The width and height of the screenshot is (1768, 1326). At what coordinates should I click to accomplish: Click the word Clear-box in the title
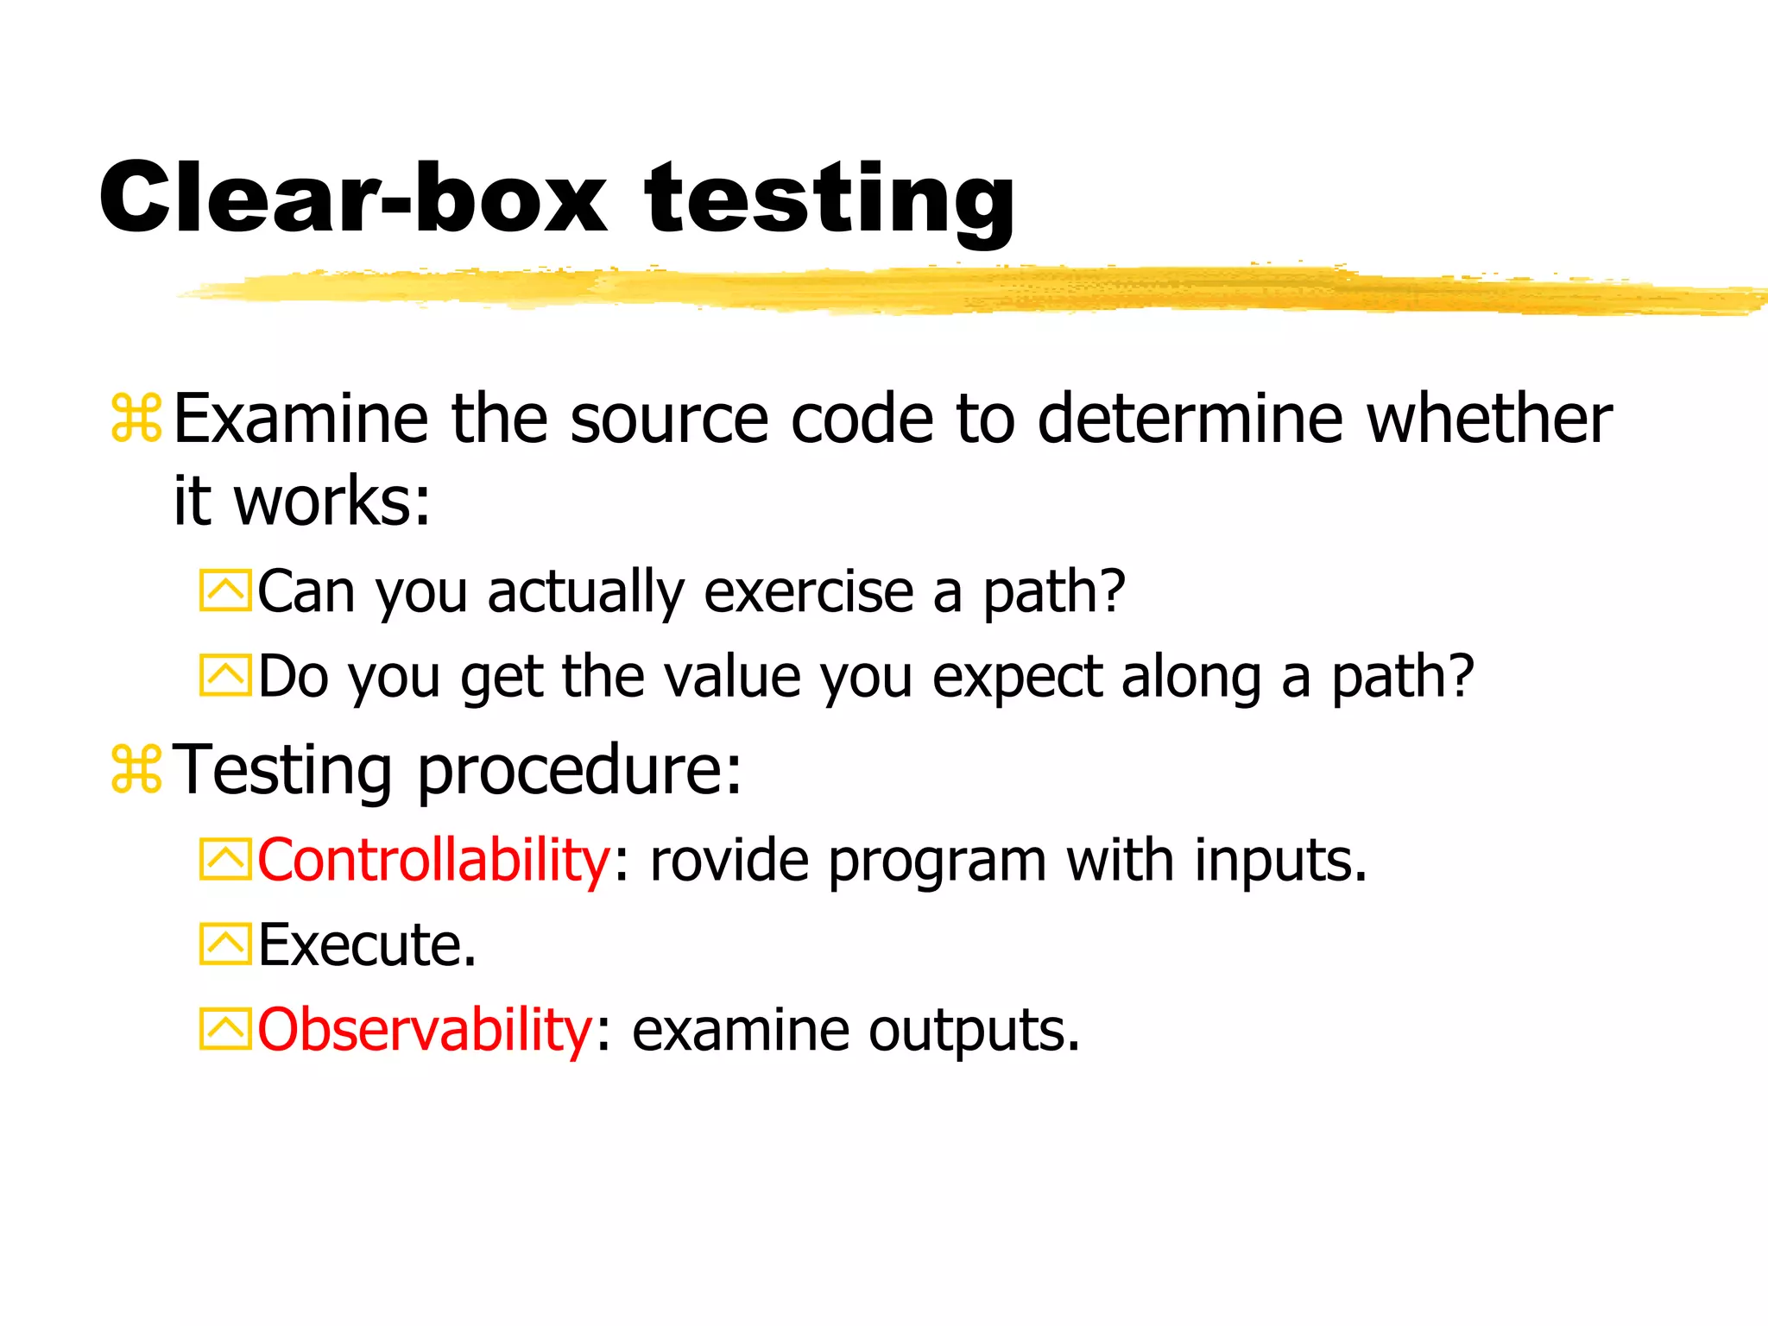(352, 199)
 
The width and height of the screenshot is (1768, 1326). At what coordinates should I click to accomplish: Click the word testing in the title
(830, 200)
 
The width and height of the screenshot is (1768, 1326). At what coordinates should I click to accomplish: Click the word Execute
(367, 944)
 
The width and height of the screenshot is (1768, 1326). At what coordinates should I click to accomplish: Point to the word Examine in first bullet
(301, 419)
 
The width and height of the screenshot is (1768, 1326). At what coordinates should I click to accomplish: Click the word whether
(1489, 419)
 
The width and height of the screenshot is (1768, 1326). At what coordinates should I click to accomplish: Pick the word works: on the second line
(332, 502)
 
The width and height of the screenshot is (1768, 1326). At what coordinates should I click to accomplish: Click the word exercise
(809, 592)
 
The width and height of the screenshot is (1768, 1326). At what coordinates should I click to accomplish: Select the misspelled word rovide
(729, 861)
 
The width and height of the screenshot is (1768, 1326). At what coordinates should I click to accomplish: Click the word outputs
(974, 1031)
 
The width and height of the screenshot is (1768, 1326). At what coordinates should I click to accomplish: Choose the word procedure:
(579, 769)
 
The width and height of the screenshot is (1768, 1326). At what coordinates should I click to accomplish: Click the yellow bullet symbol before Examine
(136, 420)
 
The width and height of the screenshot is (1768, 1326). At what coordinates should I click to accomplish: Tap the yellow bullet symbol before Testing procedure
(136, 769)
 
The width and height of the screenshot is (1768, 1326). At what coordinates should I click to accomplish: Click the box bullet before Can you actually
(224, 591)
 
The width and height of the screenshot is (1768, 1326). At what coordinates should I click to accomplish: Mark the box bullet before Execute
(224, 944)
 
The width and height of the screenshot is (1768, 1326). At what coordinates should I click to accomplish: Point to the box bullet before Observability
(224, 1029)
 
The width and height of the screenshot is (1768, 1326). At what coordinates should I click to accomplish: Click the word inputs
(1280, 861)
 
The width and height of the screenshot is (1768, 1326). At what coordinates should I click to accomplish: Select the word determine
(1190, 419)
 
